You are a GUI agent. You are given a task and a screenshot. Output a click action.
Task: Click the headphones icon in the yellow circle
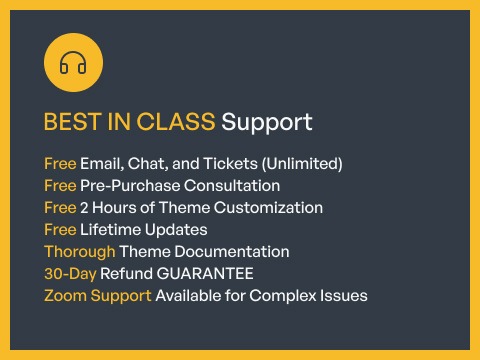[x=73, y=64]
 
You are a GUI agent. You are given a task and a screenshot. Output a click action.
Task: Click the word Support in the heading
[x=266, y=123]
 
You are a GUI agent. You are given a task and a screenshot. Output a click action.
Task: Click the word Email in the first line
[x=102, y=163]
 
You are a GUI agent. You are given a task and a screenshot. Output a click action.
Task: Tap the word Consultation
[x=229, y=186]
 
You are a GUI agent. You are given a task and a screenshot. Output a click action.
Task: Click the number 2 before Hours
[x=85, y=208]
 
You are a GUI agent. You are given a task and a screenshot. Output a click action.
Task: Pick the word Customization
[x=273, y=208]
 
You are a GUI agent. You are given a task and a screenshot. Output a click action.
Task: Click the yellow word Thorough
[x=79, y=252]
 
